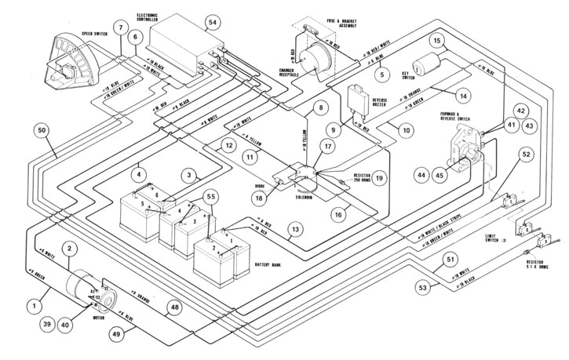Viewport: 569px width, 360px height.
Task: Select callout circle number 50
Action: pyautogui.click(x=42, y=129)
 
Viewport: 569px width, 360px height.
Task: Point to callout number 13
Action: pyautogui.click(x=294, y=230)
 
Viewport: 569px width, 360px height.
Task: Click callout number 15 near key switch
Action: pyautogui.click(x=438, y=42)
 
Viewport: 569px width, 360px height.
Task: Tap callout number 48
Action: pyautogui.click(x=173, y=309)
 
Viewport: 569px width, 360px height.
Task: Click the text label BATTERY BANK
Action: pyautogui.click(x=272, y=266)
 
